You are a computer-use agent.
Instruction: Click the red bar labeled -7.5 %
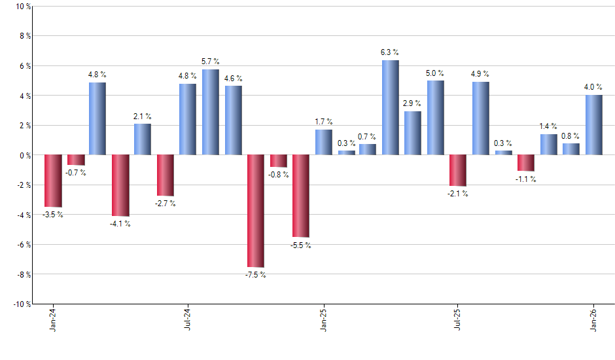255,211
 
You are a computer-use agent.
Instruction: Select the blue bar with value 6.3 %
391,107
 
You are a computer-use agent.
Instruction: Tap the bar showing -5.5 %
300,196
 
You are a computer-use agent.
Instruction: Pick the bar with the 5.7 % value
210,112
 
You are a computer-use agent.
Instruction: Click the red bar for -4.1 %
120,185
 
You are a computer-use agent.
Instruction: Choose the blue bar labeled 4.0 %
593,125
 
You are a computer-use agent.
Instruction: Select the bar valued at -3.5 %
52,181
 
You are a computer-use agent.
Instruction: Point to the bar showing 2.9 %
413,133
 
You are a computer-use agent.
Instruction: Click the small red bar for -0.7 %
75,160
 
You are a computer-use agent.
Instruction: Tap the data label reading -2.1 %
458,194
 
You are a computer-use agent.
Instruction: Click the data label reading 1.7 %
323,122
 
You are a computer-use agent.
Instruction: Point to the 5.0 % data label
436,73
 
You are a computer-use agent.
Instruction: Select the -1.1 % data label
526,179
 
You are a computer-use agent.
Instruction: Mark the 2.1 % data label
143,116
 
